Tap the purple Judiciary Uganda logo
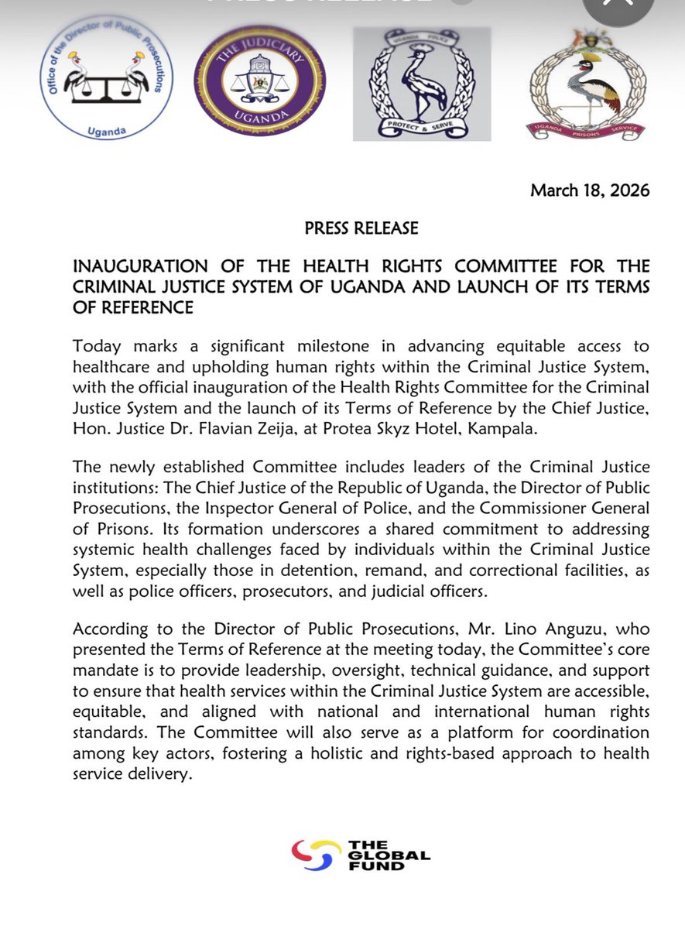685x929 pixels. coord(259,81)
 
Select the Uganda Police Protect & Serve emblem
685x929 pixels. coord(422,84)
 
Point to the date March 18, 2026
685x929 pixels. coord(590,190)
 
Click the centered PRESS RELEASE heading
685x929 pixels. coord(361,228)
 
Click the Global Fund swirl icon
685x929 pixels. coord(316,855)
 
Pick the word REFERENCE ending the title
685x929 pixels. coord(134,308)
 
